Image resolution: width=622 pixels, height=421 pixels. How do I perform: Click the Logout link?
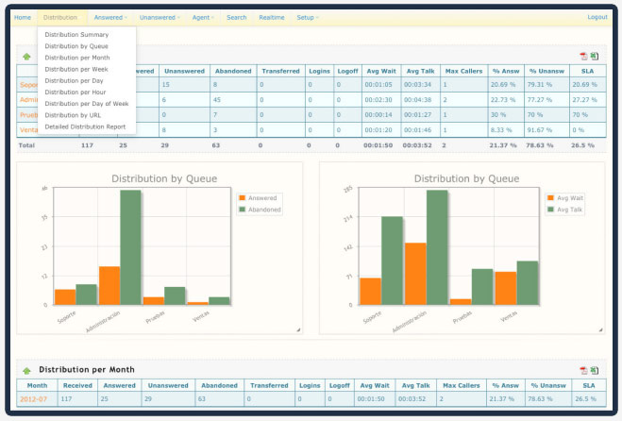click(597, 17)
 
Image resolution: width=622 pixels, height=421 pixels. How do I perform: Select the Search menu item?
click(236, 17)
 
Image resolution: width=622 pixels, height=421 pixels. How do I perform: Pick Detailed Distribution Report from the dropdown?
click(85, 126)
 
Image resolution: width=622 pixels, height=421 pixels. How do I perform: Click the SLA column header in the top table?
click(586, 70)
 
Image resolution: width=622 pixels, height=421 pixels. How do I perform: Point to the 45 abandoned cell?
click(216, 99)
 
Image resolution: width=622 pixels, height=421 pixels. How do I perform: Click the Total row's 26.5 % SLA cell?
click(584, 145)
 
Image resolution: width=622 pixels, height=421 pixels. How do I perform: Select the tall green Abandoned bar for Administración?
click(130, 247)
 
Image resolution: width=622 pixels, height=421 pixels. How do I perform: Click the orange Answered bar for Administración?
click(109, 285)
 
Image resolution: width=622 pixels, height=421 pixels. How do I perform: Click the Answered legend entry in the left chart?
click(263, 199)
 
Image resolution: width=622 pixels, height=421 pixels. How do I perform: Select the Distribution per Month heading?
click(87, 369)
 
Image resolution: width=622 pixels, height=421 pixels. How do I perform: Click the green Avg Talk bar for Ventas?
click(527, 282)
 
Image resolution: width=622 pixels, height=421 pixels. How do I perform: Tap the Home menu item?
click(23, 17)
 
